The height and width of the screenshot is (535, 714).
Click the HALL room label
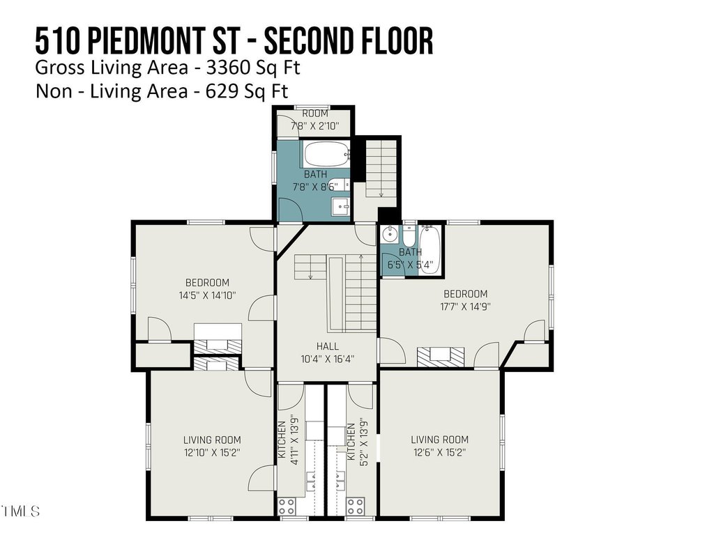328,346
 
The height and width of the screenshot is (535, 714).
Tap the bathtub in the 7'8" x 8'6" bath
326,155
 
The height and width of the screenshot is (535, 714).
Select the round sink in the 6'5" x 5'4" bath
390,235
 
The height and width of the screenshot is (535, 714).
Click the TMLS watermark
20,511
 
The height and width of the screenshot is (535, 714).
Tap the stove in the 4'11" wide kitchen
287,506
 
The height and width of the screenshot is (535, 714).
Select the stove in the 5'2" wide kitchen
355,506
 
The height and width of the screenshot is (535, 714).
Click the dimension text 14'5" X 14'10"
207,295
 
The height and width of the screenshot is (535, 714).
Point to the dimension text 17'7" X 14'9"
465,307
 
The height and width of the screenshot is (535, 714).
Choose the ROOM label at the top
315,114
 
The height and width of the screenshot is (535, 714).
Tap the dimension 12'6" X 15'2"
439,453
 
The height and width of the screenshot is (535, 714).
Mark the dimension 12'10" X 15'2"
212,453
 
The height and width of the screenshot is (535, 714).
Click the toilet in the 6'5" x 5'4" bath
409,235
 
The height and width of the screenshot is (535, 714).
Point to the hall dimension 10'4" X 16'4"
328,359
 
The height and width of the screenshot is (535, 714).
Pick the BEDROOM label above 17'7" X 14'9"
465,294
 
